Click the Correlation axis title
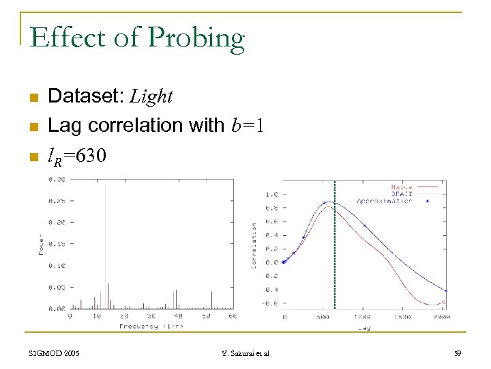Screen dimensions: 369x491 coord(255,245)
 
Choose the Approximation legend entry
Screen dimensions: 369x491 coord(385,201)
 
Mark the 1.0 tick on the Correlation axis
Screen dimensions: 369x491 coord(270,194)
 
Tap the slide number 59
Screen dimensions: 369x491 coord(457,353)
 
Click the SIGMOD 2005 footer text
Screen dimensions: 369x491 coord(55,353)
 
